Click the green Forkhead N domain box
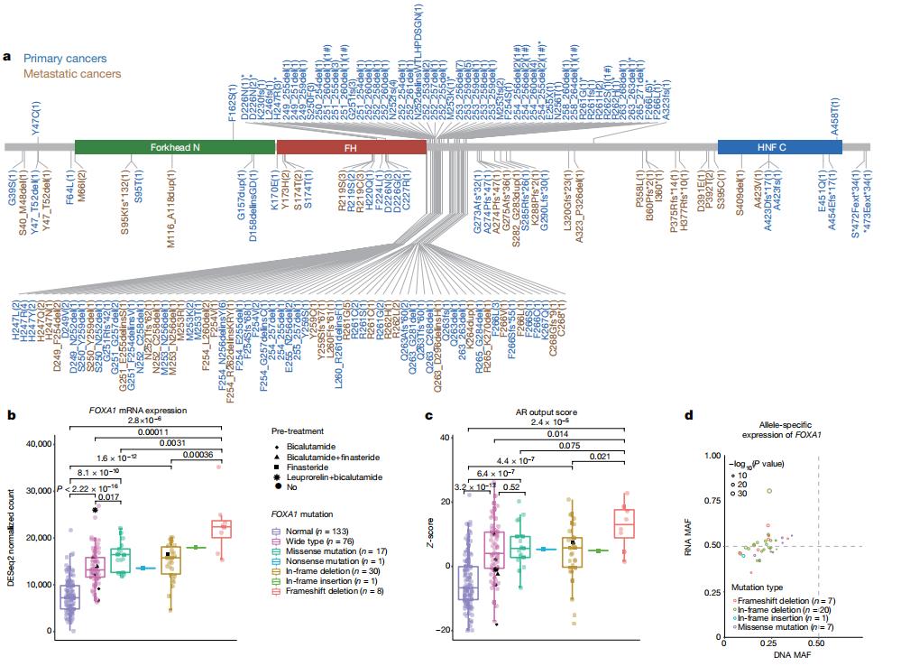(173, 147)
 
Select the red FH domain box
(351, 147)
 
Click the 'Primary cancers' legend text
(65, 59)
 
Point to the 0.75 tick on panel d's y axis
(711, 500)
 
